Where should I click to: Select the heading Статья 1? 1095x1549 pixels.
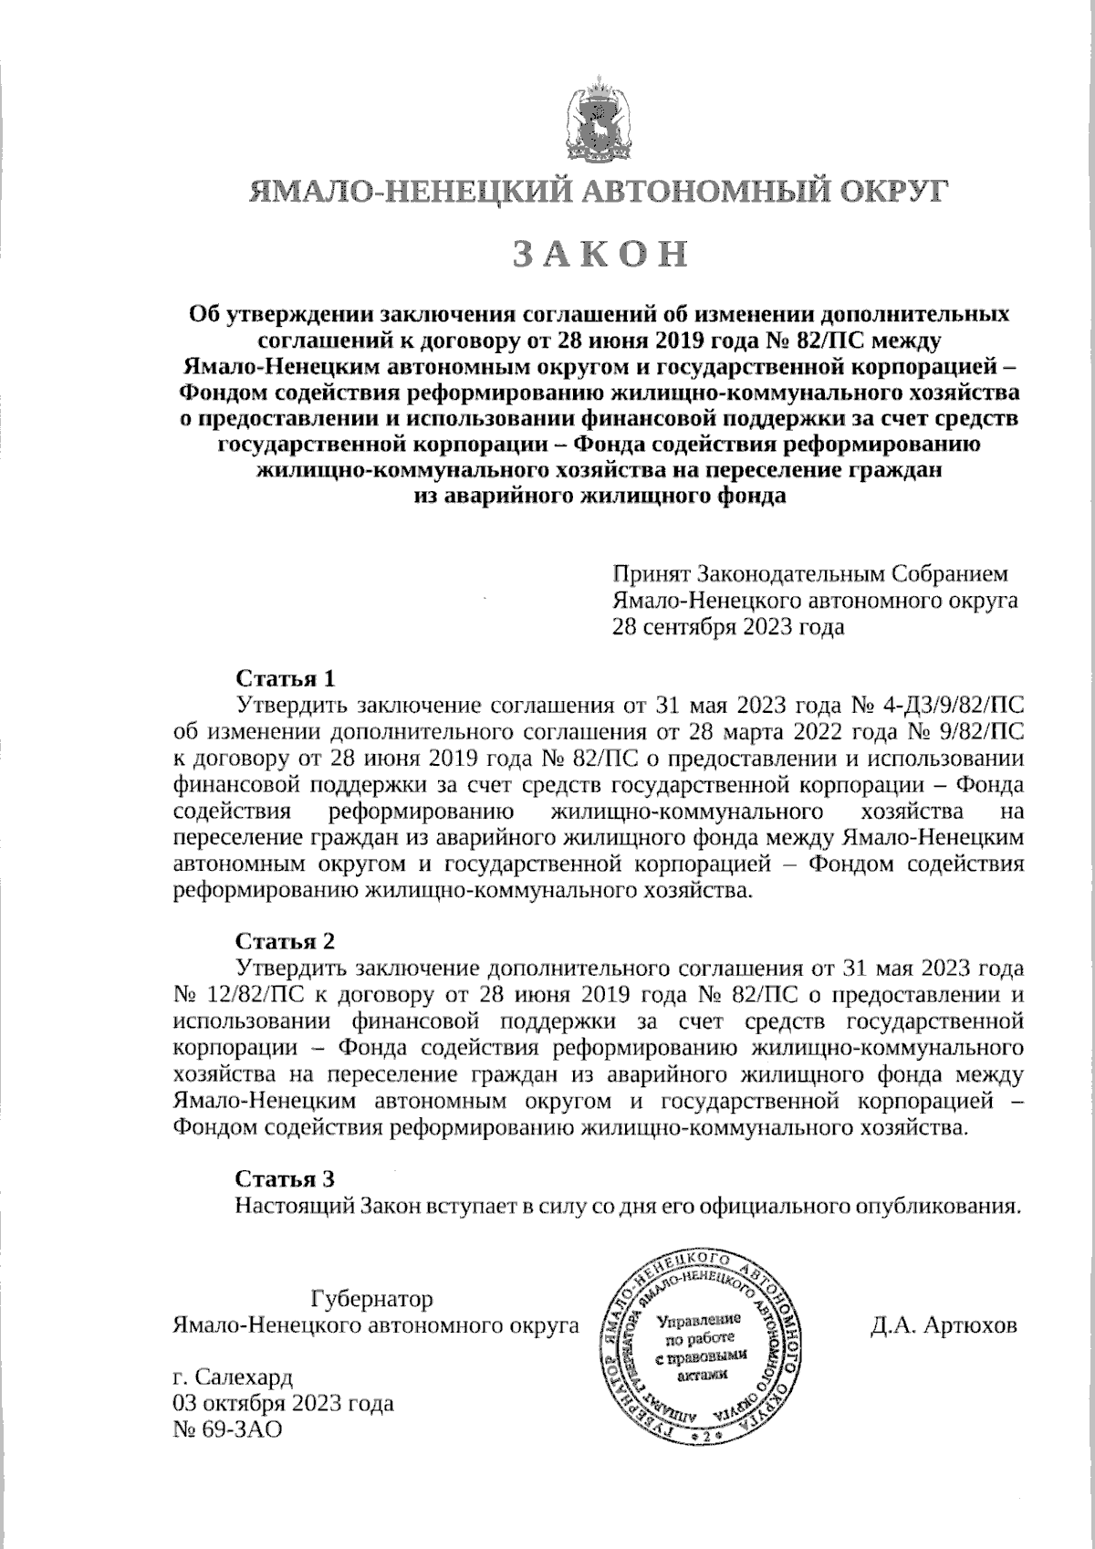[286, 679]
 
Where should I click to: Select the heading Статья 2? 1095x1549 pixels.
[286, 941]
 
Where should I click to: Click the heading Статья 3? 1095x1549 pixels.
[286, 1177]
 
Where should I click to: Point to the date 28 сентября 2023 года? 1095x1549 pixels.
[727, 627]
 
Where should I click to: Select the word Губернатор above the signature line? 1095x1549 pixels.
[371, 1298]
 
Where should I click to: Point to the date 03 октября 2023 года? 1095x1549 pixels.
[283, 1403]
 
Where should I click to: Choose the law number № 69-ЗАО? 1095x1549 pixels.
[226, 1429]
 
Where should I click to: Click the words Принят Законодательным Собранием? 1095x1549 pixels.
[810, 574]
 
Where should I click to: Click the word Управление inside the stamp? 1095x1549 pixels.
[696, 1320]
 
